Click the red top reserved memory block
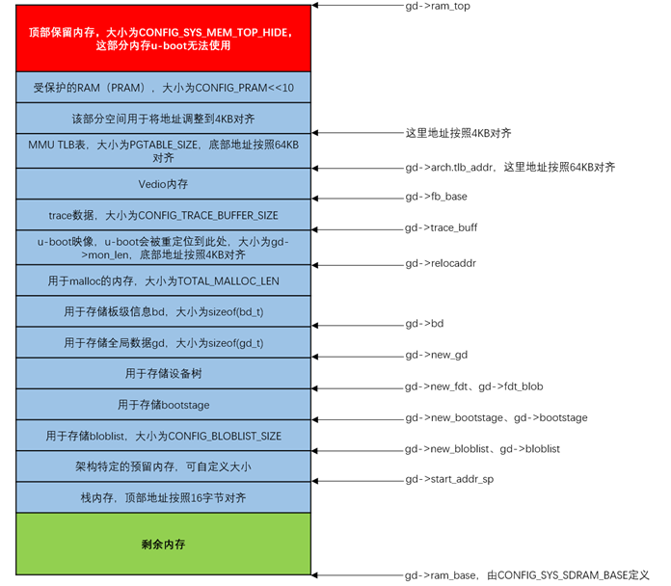click(x=163, y=38)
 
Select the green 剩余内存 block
click(x=163, y=544)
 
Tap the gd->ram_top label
click(x=438, y=6)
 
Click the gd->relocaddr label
click(x=441, y=263)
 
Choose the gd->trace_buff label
click(x=441, y=228)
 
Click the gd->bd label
click(x=424, y=324)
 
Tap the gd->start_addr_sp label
click(x=449, y=479)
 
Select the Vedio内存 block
click(x=163, y=184)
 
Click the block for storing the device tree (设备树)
click(x=163, y=373)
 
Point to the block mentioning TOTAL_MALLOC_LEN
click(x=163, y=280)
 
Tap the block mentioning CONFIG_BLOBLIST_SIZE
click(x=163, y=436)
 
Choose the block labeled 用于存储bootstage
click(x=163, y=405)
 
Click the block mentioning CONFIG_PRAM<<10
click(x=163, y=87)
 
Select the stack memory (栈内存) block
click(x=163, y=498)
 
